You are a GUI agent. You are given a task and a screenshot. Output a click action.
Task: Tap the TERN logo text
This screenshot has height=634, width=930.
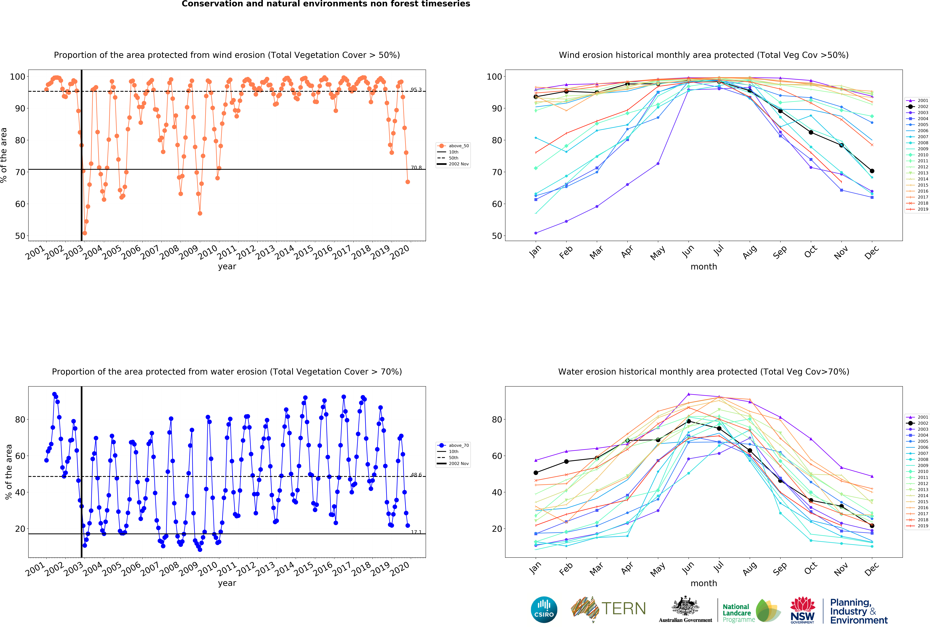pos(624,609)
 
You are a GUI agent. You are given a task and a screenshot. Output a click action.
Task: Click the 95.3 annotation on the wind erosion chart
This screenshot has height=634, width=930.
pos(416,90)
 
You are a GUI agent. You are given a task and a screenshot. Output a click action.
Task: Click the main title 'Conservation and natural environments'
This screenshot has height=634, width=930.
pos(326,4)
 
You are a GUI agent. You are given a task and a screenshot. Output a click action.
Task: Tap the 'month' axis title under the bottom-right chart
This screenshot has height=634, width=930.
pos(703,583)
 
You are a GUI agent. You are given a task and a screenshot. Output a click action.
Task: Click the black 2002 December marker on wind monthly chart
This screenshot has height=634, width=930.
pos(872,171)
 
